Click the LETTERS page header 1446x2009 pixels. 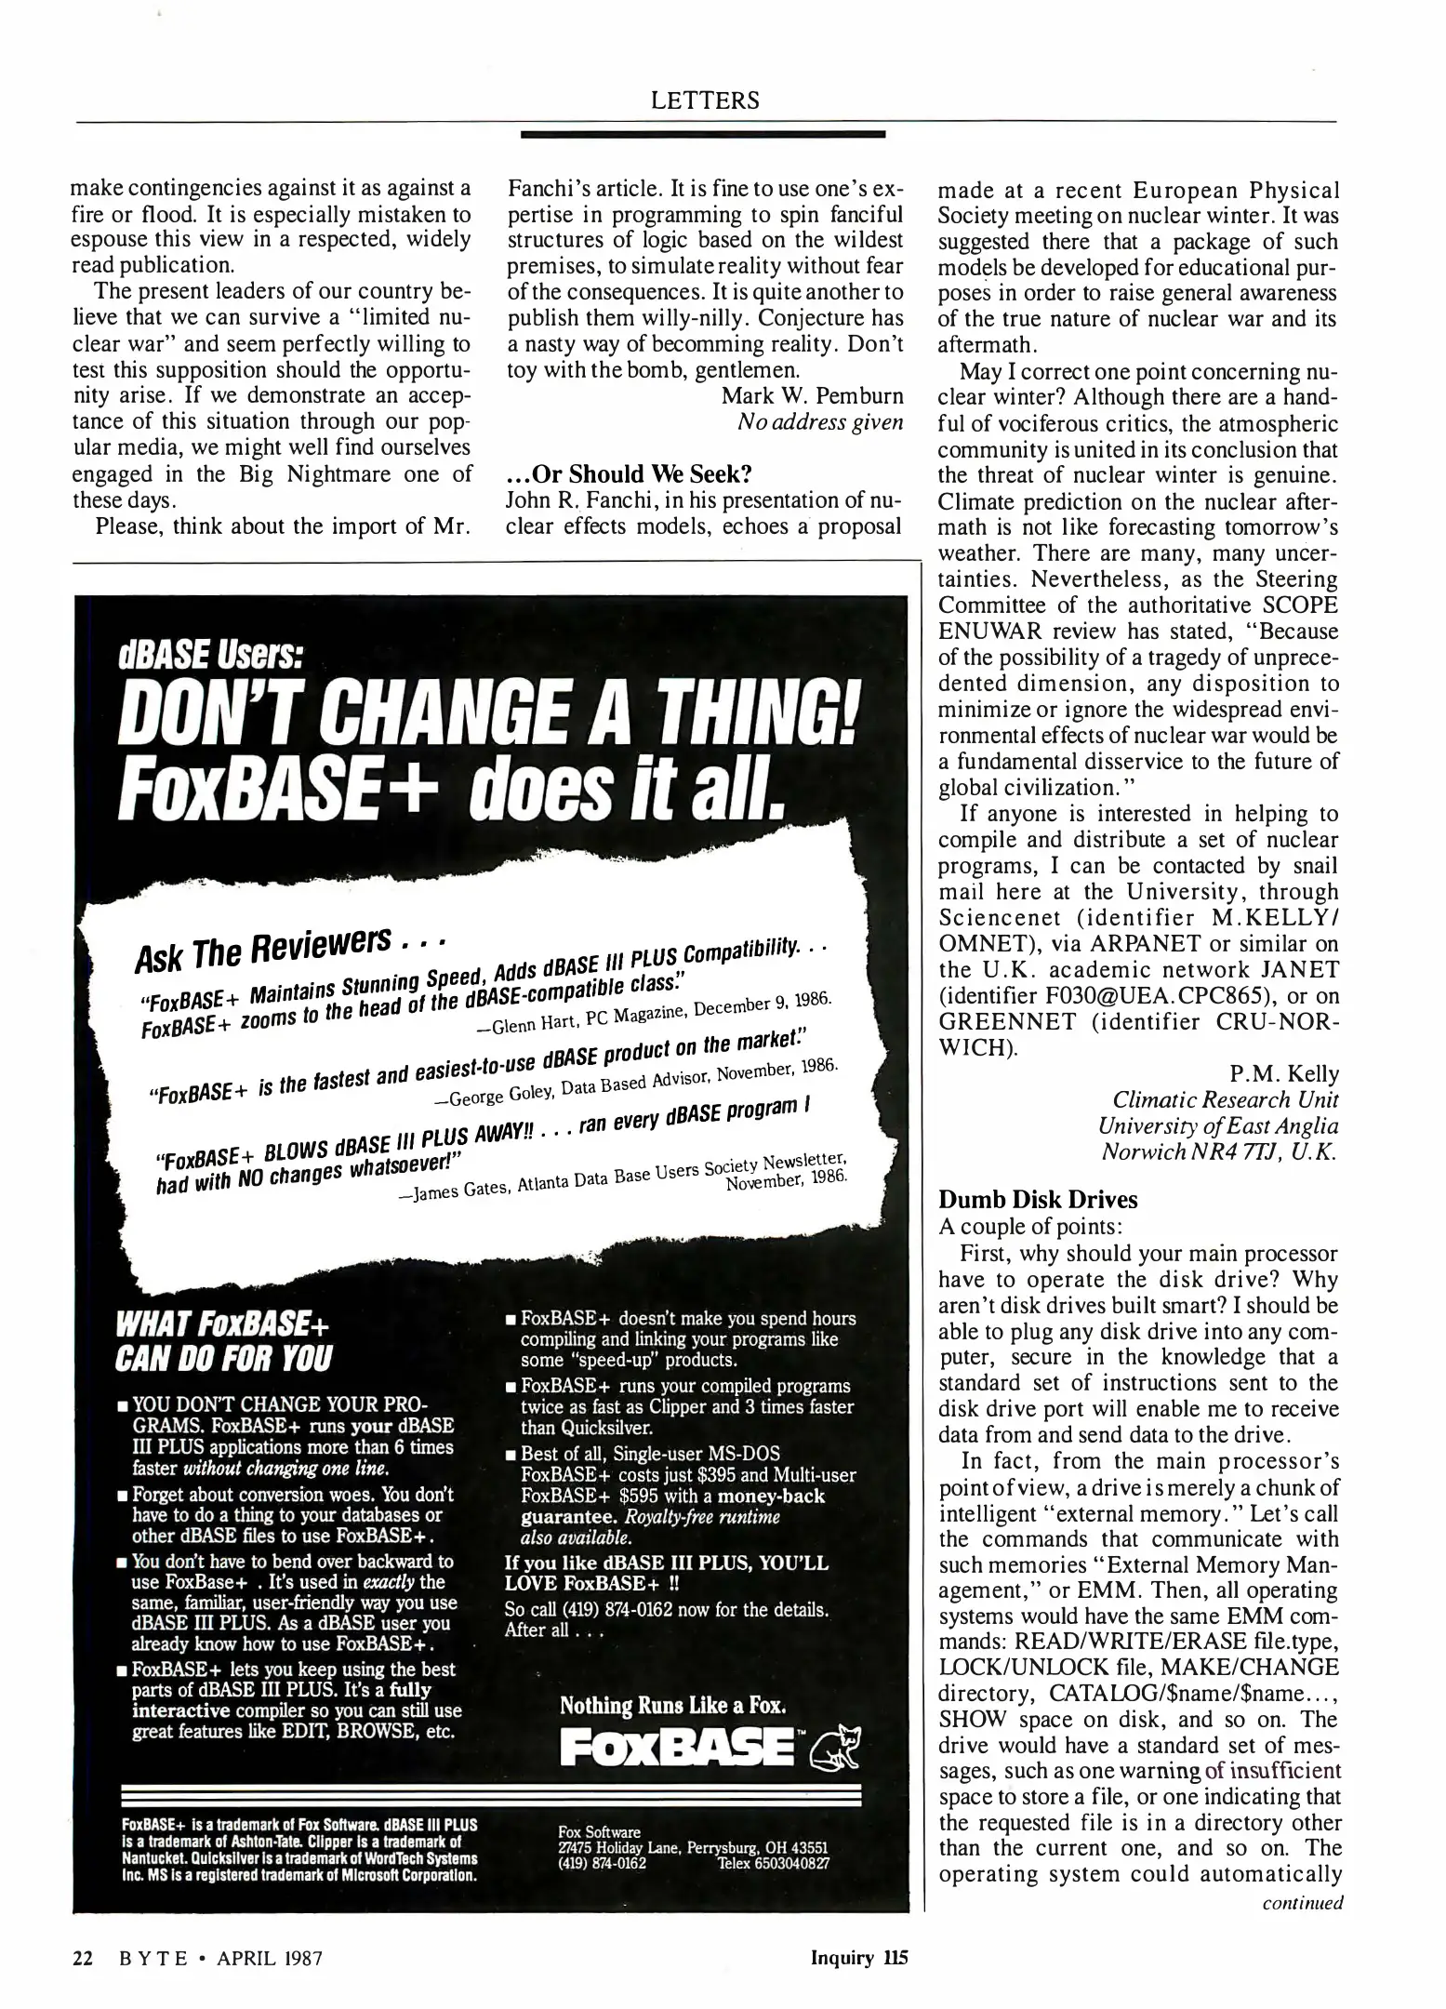pyautogui.click(x=705, y=100)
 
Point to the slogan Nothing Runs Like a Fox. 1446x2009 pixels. pyautogui.click(x=673, y=1705)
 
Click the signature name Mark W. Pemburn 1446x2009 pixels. pyautogui.click(x=812, y=395)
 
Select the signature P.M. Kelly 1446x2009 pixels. pyautogui.click(x=1283, y=1074)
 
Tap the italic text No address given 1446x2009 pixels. pyautogui.click(x=819, y=421)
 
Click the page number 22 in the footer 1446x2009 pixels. pyautogui.click(x=83, y=1957)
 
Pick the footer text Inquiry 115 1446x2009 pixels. pyautogui.click(x=858, y=1957)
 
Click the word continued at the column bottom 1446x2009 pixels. pyautogui.click(x=1302, y=1902)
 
